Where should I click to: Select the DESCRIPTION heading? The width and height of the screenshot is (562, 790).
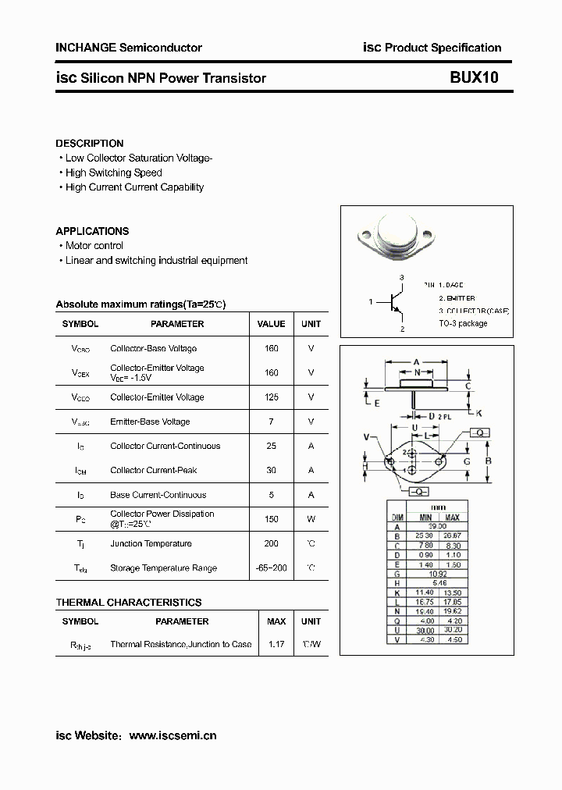click(x=90, y=144)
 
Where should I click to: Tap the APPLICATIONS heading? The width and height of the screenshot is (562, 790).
click(x=92, y=231)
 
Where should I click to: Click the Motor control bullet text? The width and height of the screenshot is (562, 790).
click(x=94, y=246)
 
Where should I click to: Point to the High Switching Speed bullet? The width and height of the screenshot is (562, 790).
click(x=113, y=173)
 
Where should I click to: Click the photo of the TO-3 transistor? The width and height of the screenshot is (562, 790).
click(x=399, y=234)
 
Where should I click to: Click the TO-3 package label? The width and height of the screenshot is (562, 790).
click(x=462, y=323)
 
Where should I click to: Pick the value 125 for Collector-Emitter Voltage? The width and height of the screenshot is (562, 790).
click(x=271, y=397)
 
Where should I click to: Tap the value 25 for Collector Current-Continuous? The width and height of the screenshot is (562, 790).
click(x=271, y=446)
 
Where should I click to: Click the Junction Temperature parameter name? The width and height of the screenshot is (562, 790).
click(x=151, y=544)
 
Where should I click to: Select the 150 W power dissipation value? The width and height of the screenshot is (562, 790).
click(x=271, y=518)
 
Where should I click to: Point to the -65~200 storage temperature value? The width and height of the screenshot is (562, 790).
click(x=271, y=568)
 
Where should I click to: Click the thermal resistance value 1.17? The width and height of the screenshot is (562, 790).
click(x=276, y=644)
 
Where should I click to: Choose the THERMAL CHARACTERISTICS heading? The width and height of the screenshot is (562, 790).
click(x=129, y=603)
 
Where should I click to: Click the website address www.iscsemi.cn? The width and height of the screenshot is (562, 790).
click(x=173, y=735)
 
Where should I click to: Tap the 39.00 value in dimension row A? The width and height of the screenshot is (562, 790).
click(x=438, y=527)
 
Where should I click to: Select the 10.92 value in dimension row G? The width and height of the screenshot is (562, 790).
click(x=438, y=573)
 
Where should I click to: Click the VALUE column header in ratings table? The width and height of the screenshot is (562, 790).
click(x=271, y=324)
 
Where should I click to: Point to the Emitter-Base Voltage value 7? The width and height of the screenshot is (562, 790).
click(x=271, y=422)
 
